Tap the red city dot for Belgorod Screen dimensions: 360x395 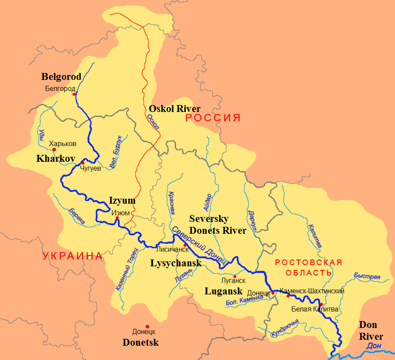coord(74,94)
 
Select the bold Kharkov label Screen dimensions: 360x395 coord(55,159)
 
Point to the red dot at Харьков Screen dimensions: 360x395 coord(54,149)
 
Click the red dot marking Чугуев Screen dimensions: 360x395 coord(83,163)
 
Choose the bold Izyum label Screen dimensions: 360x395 coord(122,201)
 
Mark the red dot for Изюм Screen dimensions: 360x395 coord(117,217)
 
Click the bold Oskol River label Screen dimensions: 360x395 coord(174,108)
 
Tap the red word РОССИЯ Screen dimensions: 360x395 coord(213,118)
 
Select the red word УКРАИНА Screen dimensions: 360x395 coord(72,256)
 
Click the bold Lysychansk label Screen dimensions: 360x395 coord(175,263)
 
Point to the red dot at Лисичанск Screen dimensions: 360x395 coord(185,245)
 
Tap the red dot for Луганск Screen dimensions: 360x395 coord(235,276)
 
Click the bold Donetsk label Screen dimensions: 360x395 coord(143,341)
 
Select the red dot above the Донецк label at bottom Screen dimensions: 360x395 coord(147,326)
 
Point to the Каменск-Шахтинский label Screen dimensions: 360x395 coord(312,291)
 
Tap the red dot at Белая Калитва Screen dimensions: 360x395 coord(321,304)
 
